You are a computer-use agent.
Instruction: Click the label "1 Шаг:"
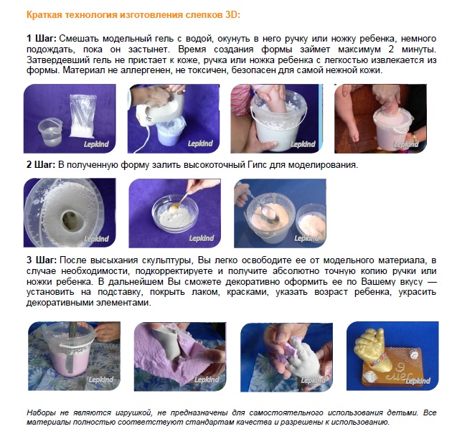pos(42,39)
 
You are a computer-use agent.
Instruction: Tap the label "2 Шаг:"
pos(41,165)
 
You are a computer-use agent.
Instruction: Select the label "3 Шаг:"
pos(42,260)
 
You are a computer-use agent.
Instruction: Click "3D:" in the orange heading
pos(232,15)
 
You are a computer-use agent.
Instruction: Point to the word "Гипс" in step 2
pos(257,165)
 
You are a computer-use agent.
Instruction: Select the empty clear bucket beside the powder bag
pos(50,133)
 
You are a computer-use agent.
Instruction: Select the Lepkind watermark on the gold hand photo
pos(418,380)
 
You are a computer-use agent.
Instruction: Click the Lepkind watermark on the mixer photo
pos(200,143)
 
